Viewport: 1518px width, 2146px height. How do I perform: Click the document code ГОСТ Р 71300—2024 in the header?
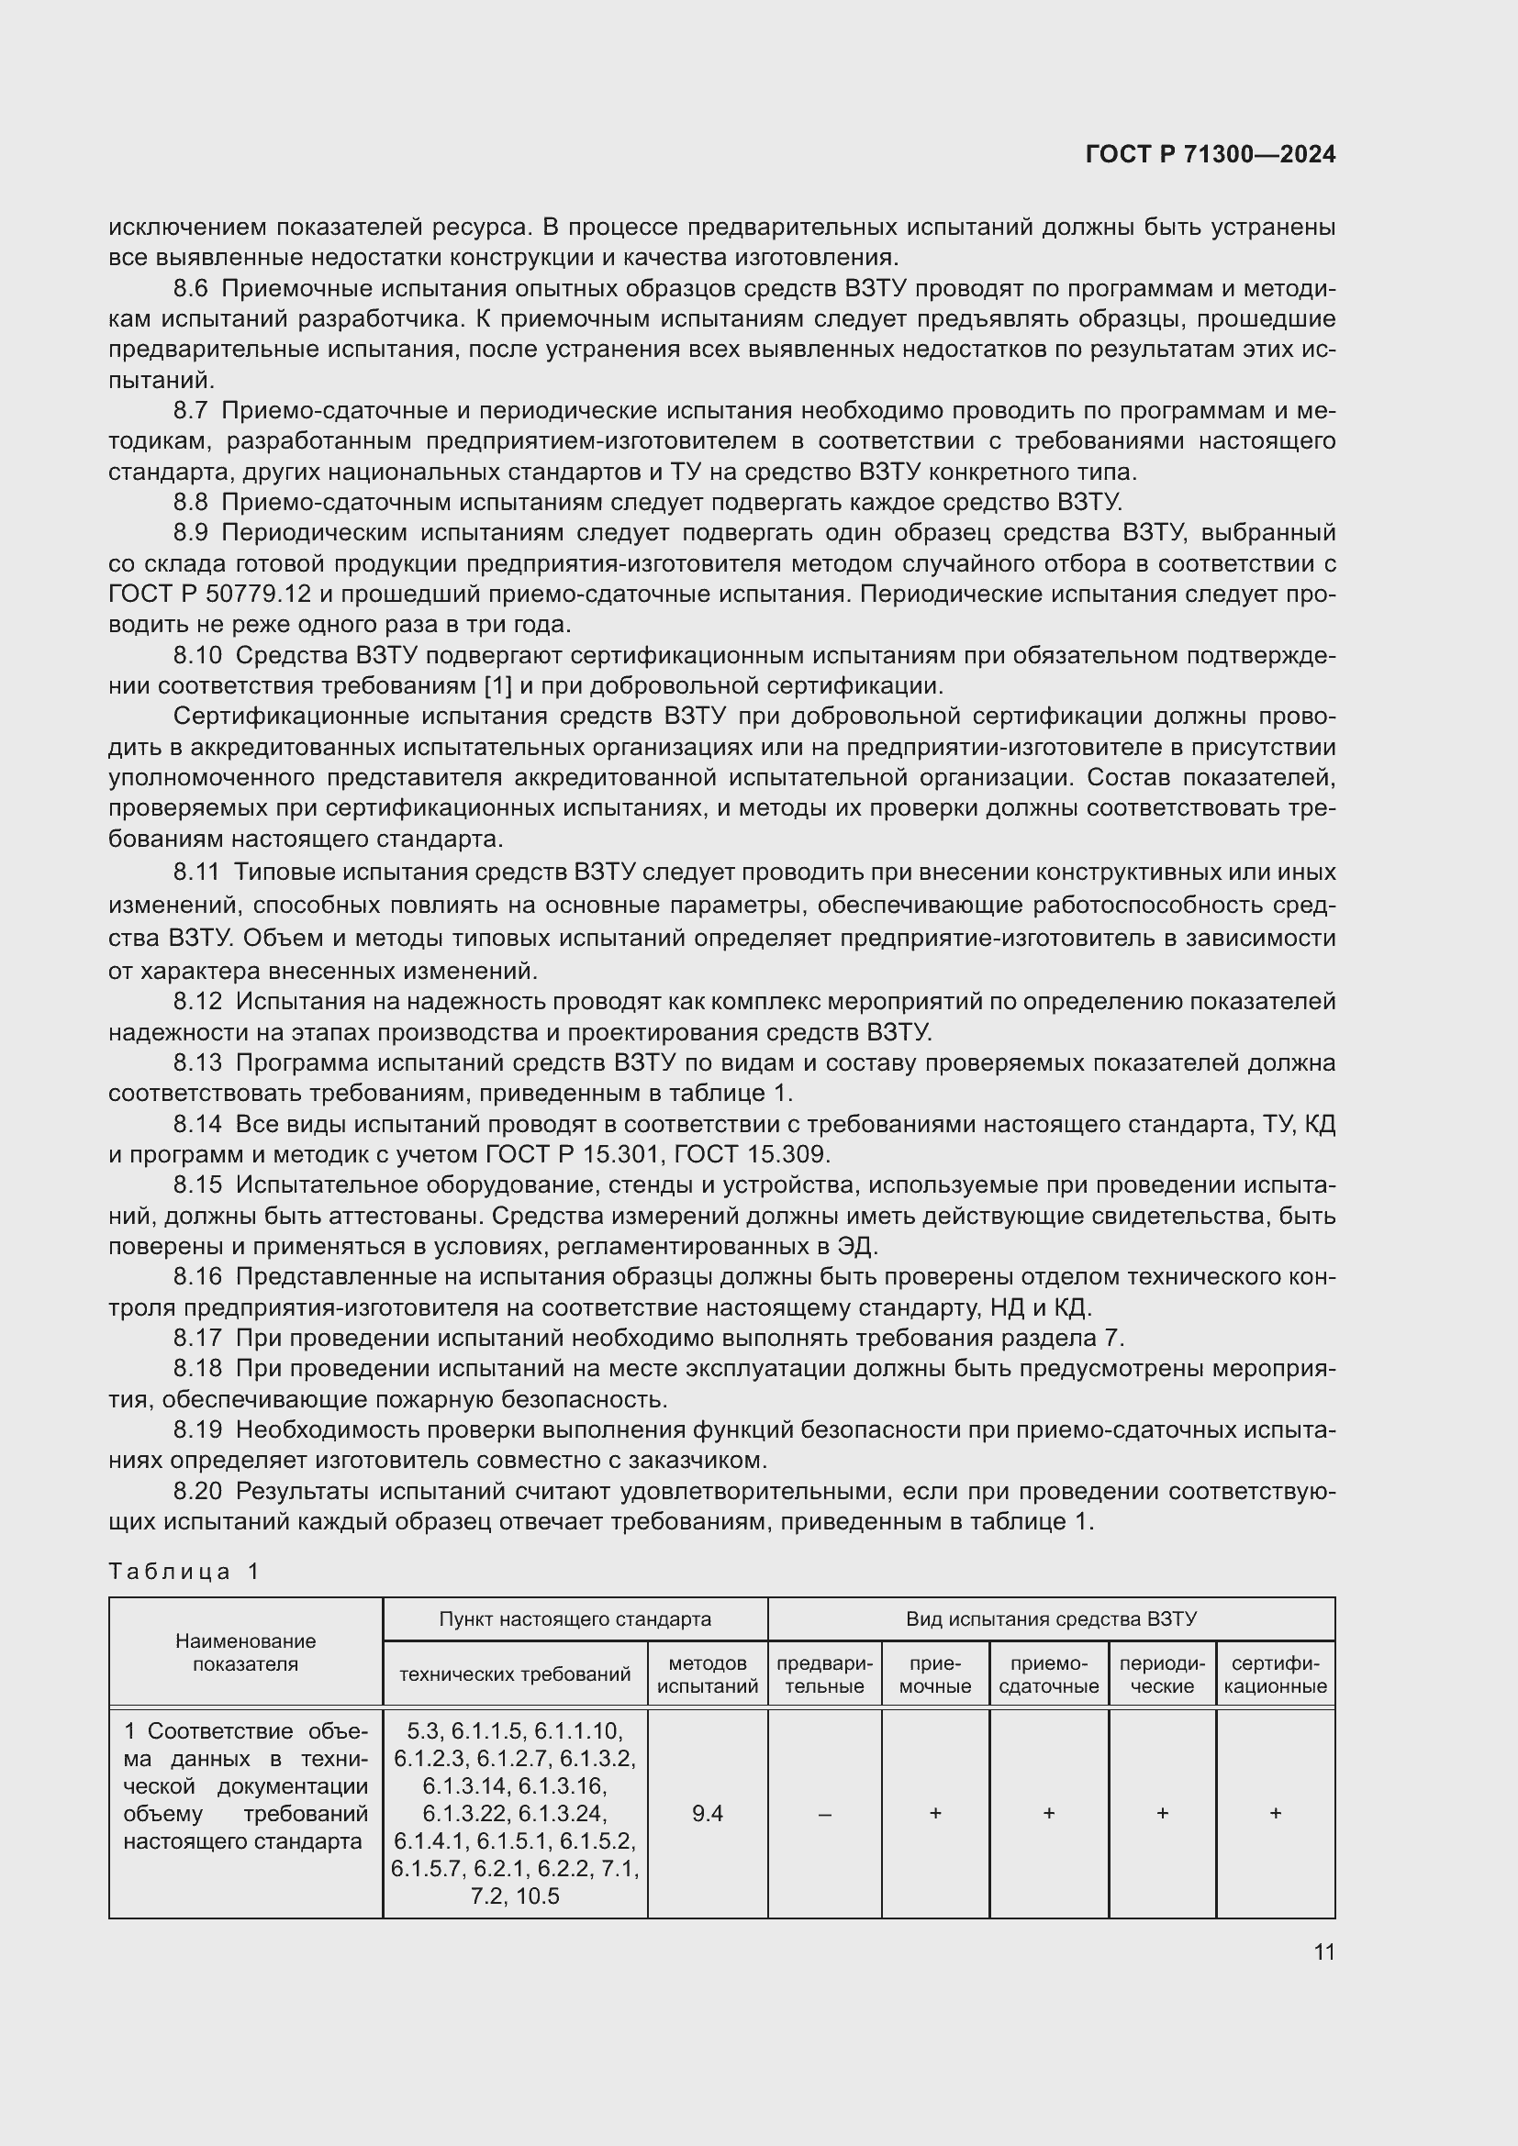1211,155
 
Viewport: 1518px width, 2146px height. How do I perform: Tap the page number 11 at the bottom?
1323,1951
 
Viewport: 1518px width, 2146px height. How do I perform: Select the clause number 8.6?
191,289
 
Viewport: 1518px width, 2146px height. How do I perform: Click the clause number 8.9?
191,533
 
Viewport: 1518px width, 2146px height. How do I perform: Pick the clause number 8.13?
197,1062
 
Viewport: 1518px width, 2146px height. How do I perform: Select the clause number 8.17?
197,1338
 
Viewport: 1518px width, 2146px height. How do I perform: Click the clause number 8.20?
197,1491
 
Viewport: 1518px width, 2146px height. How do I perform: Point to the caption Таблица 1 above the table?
184,1573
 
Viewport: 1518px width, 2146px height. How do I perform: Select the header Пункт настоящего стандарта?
575,1619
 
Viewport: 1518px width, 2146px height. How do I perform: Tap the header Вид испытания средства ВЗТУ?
1051,1619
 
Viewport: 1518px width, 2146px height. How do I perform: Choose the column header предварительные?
824,1675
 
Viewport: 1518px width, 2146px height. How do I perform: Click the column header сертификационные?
1275,1675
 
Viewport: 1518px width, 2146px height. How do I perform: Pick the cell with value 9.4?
708,1813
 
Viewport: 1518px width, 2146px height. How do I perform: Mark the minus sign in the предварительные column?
824,1814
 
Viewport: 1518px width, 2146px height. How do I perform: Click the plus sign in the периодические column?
1162,1813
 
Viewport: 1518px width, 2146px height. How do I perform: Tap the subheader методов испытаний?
708,1675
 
